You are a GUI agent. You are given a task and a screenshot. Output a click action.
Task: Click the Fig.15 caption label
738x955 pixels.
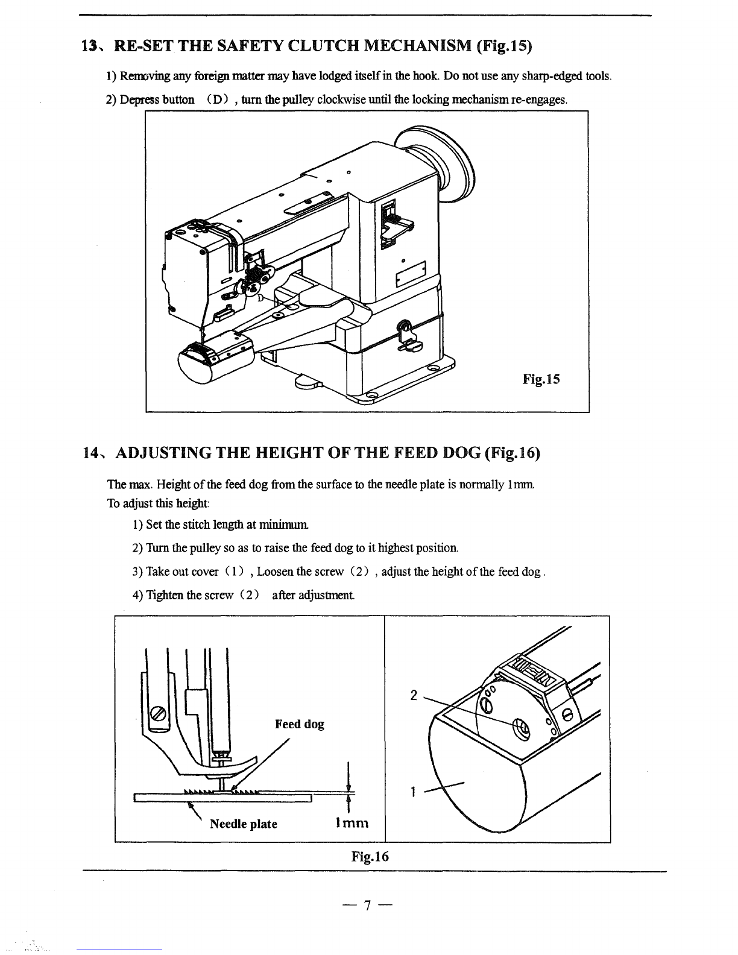pyautogui.click(x=541, y=379)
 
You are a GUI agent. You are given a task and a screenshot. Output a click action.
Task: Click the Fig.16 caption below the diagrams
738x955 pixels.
pyautogui.click(x=370, y=857)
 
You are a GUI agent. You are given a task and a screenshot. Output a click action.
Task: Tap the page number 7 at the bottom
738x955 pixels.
pyautogui.click(x=367, y=906)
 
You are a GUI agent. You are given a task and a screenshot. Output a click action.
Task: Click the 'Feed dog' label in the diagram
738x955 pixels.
pyautogui.click(x=299, y=724)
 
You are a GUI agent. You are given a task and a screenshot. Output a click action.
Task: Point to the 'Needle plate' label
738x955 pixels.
pyautogui.click(x=244, y=824)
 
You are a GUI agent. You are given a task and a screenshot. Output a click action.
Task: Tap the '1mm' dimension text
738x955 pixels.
pyautogui.click(x=352, y=823)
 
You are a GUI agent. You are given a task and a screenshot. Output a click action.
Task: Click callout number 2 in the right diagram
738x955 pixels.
pyautogui.click(x=414, y=695)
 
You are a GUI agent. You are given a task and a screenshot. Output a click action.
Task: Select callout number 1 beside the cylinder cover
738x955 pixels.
pyautogui.click(x=413, y=792)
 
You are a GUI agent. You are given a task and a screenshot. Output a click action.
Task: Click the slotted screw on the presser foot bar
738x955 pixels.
pyautogui.click(x=158, y=713)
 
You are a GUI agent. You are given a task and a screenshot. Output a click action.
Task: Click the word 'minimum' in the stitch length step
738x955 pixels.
pyautogui.click(x=283, y=525)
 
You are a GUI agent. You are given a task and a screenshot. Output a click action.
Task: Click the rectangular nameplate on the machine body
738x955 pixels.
pyautogui.click(x=411, y=274)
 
